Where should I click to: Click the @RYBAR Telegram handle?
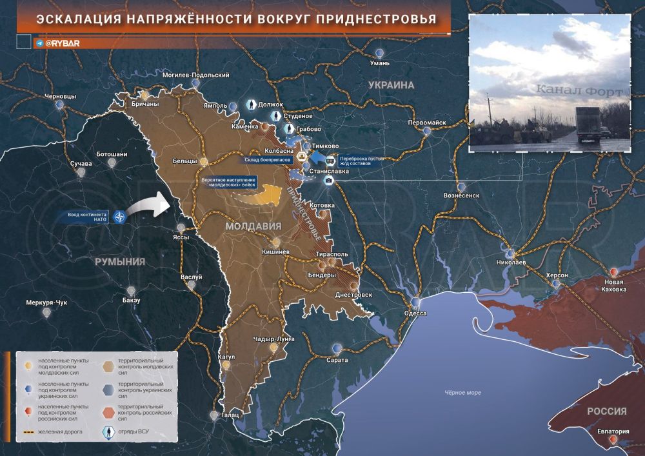coord(62,43)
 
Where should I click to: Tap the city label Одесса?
coord(415,313)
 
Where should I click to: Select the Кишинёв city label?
coord(276,251)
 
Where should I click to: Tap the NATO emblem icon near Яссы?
coord(118,217)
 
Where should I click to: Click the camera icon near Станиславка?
coord(328,181)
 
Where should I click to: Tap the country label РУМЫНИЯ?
coord(120,261)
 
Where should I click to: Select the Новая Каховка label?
coord(615,286)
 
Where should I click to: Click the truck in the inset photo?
coord(588,124)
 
